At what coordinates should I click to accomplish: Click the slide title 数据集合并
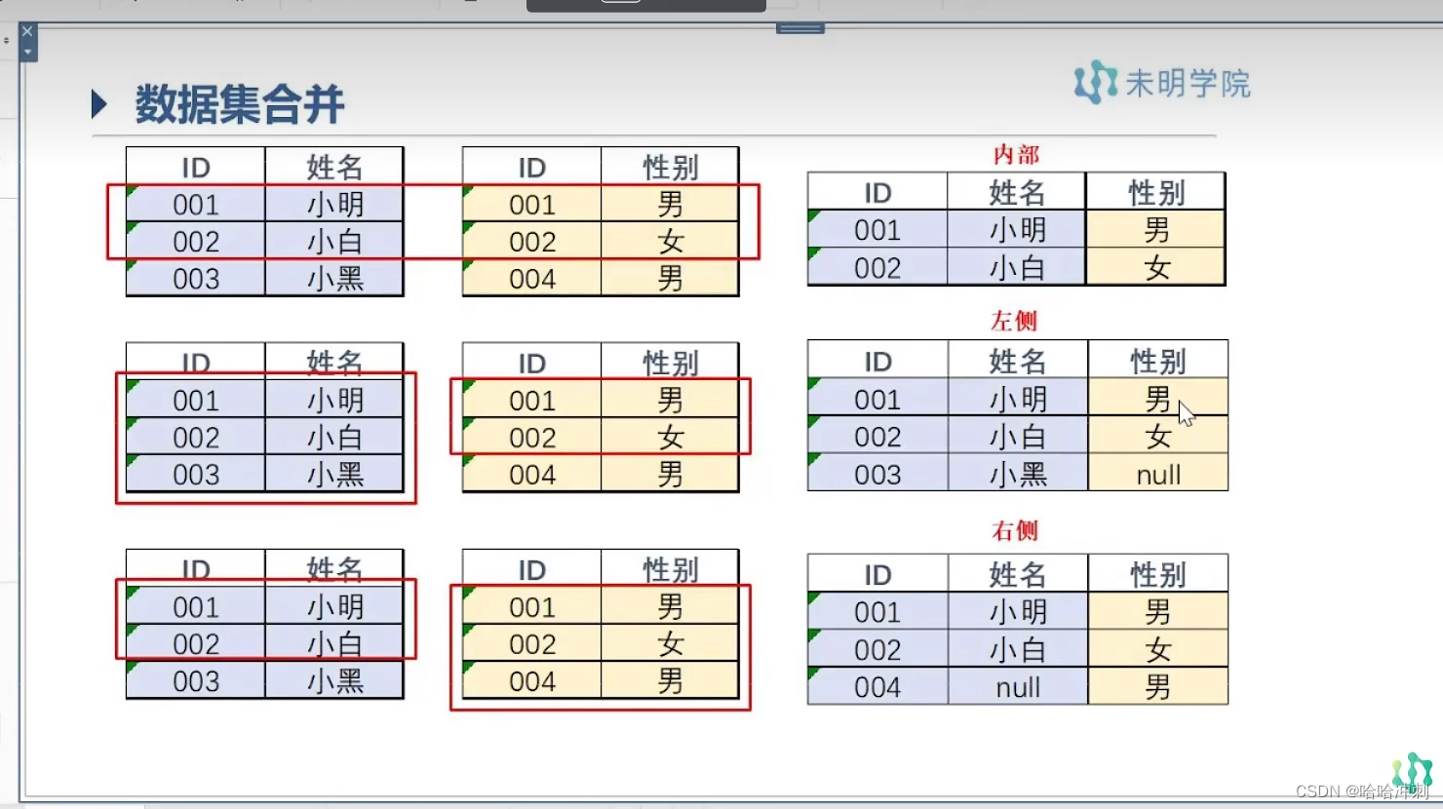pyautogui.click(x=239, y=104)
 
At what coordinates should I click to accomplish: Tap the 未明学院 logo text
pyautogui.click(x=1187, y=84)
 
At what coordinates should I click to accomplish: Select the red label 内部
pyautogui.click(x=1015, y=155)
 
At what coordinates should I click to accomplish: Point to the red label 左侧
pyautogui.click(x=1014, y=321)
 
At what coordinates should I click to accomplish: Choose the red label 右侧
pyautogui.click(x=1014, y=531)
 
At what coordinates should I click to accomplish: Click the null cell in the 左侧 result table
pyautogui.click(x=1158, y=475)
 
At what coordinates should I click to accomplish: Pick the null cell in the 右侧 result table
pyautogui.click(x=1018, y=687)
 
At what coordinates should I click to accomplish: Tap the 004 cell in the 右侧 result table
pyautogui.click(x=877, y=687)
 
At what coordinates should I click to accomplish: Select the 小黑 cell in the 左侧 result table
pyautogui.click(x=1018, y=475)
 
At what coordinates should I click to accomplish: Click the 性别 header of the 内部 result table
pyautogui.click(x=1156, y=193)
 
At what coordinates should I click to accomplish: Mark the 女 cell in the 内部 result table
pyautogui.click(x=1156, y=268)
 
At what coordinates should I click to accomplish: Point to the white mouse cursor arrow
pyautogui.click(x=1185, y=413)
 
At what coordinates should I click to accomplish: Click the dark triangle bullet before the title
pyautogui.click(x=98, y=104)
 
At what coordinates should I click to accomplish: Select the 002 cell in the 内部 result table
pyautogui.click(x=877, y=268)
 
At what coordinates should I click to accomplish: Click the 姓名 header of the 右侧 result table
pyautogui.click(x=1018, y=575)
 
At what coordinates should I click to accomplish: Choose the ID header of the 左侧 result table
pyautogui.click(x=877, y=362)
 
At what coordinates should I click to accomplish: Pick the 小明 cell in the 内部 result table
pyautogui.click(x=1018, y=231)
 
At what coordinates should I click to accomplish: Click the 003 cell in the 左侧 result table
pyautogui.click(x=877, y=475)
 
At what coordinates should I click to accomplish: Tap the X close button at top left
pyautogui.click(x=27, y=32)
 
